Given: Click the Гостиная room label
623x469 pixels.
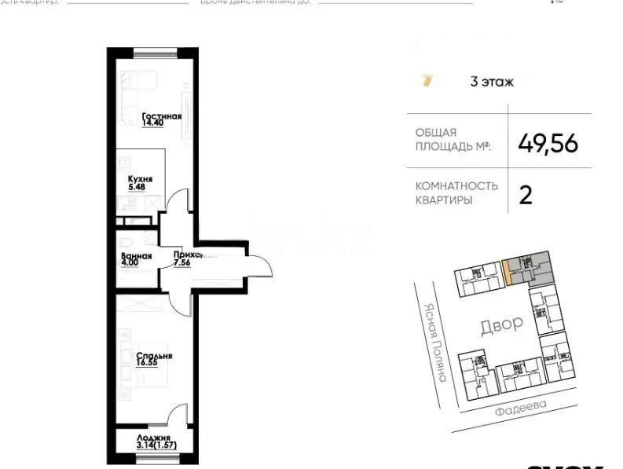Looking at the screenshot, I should tap(162, 116).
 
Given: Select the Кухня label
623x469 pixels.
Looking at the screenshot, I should tap(141, 179).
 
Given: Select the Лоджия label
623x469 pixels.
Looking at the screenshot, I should tap(153, 438).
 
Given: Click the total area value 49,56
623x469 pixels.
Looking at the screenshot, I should tap(548, 143).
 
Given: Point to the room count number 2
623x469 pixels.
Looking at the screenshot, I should tap(526, 194).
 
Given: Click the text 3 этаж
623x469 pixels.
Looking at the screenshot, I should tap(491, 81).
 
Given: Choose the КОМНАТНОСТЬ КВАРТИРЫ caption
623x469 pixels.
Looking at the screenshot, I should tap(456, 193).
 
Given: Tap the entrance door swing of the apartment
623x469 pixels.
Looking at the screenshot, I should tap(259, 268).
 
